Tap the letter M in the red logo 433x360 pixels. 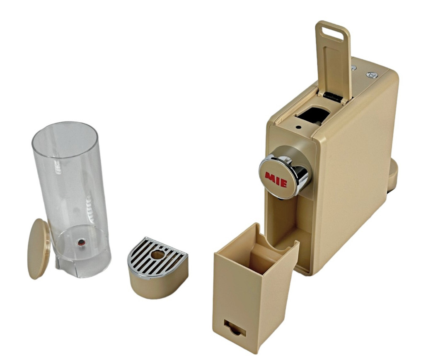click(x=269, y=177)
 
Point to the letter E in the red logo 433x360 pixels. click(x=284, y=183)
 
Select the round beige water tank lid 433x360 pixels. click(x=39, y=249)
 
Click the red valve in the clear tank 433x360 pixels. click(x=81, y=243)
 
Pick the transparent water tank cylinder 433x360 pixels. click(x=71, y=199)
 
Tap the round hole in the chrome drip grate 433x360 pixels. click(x=158, y=254)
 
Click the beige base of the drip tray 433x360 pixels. click(x=158, y=282)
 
